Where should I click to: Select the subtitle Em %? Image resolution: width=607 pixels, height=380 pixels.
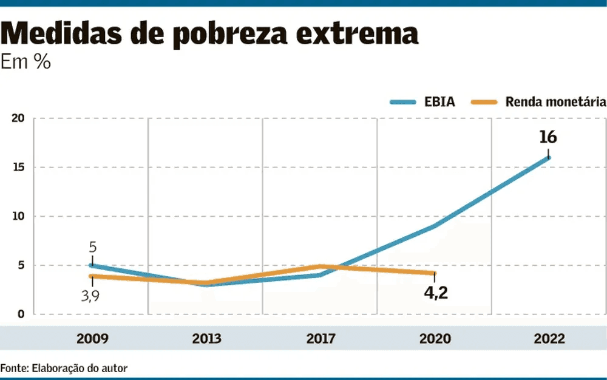pos(25,63)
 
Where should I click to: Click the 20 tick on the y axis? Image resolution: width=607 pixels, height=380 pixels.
pos(18,118)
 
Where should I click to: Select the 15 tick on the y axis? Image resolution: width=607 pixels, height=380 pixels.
pos(18,168)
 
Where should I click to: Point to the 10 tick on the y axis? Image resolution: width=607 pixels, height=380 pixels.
pos(18,217)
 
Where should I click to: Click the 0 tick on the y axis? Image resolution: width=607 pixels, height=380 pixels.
pos(21,314)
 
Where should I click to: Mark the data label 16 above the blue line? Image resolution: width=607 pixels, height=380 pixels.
pos(548,137)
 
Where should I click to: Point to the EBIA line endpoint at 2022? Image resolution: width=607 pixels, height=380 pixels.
pos(549,158)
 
